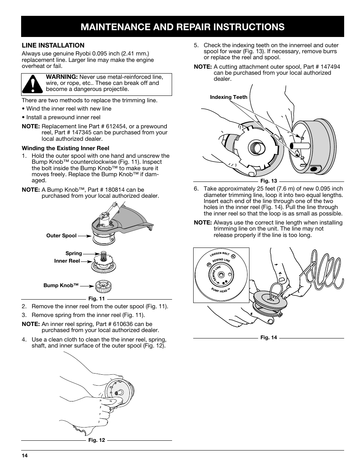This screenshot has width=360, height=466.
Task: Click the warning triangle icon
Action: (32, 84)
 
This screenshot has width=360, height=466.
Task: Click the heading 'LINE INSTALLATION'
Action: (53, 45)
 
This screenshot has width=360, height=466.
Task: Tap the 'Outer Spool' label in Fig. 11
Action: (62, 236)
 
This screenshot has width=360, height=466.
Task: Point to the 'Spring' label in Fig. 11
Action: (74, 254)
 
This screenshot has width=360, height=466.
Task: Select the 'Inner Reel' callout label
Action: (67, 261)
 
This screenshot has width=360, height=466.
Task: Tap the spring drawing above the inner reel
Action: (102, 256)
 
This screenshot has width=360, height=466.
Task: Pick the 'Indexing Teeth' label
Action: (229, 97)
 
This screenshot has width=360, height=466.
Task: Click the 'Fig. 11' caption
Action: (96, 299)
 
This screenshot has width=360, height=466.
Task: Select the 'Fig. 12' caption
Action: (97, 440)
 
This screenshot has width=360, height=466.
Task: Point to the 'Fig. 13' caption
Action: (269, 181)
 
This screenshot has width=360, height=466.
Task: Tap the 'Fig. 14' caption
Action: (269, 338)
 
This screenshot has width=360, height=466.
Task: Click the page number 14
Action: (25, 455)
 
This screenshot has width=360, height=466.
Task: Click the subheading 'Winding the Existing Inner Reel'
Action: (65, 148)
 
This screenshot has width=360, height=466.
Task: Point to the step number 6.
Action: (196, 189)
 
